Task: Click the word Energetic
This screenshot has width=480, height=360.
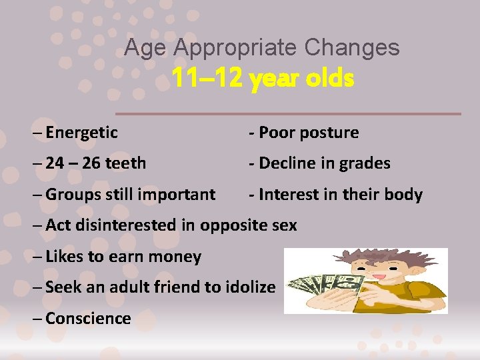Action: tap(81, 133)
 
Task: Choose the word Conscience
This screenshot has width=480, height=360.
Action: tap(88, 319)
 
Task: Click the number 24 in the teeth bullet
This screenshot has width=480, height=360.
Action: tap(55, 163)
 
